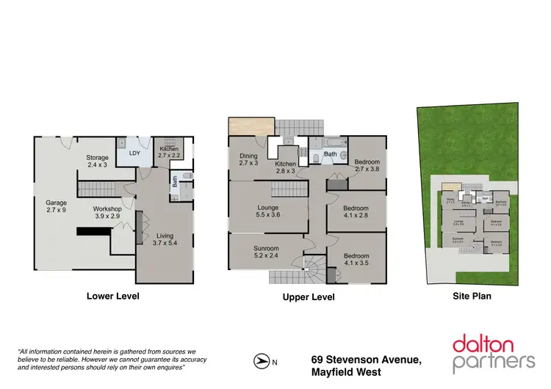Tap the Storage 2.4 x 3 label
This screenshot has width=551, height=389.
coord(97,161)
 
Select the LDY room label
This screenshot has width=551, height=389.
coord(134,153)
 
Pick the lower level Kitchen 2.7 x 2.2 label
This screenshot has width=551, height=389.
coord(169,153)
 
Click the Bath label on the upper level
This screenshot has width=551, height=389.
coord(331,154)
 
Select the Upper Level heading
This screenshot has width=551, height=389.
coord(309,297)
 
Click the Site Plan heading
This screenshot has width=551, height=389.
coord(471,297)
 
